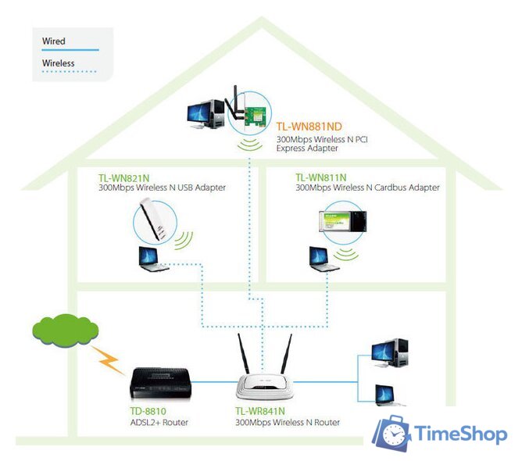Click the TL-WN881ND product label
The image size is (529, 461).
coord(309,126)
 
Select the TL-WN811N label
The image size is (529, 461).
coord(321,177)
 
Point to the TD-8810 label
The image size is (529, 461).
coord(148,411)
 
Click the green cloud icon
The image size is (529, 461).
coord(65,331)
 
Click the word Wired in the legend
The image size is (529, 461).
coord(54,41)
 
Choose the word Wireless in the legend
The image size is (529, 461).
coord(59,63)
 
